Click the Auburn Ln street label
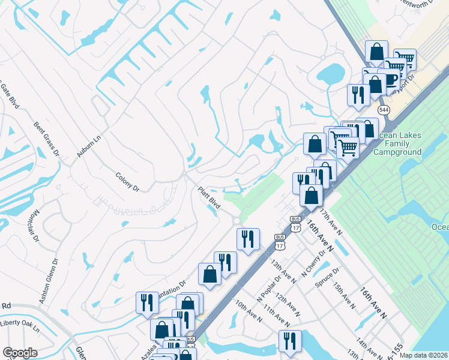(x=88, y=145)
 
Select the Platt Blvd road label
(x=209, y=198)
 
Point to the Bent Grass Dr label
(x=47, y=139)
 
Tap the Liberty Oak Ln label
(x=19, y=329)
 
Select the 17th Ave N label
(x=330, y=221)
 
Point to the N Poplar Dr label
(x=268, y=290)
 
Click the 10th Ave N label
(x=248, y=311)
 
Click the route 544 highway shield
(x=383, y=110)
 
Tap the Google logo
(x=20, y=353)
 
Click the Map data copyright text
(x=424, y=355)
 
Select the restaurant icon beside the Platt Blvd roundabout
(x=248, y=239)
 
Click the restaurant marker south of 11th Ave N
(x=289, y=341)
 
